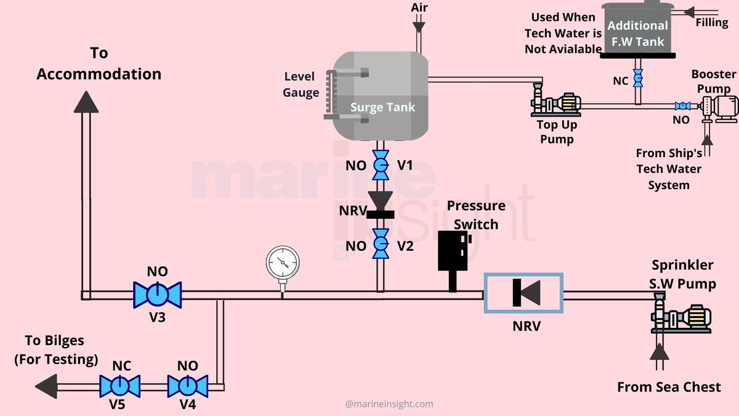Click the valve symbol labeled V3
pos(158,295)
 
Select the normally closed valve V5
pos(119,386)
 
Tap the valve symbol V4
pos(187,386)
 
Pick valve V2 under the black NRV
pos(381,246)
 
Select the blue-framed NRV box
pos(523,295)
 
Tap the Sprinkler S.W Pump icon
pos(681,317)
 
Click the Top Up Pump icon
pos(557,102)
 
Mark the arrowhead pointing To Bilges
pos(47,386)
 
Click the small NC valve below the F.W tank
pos(638,79)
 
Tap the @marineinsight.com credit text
pos(389,404)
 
